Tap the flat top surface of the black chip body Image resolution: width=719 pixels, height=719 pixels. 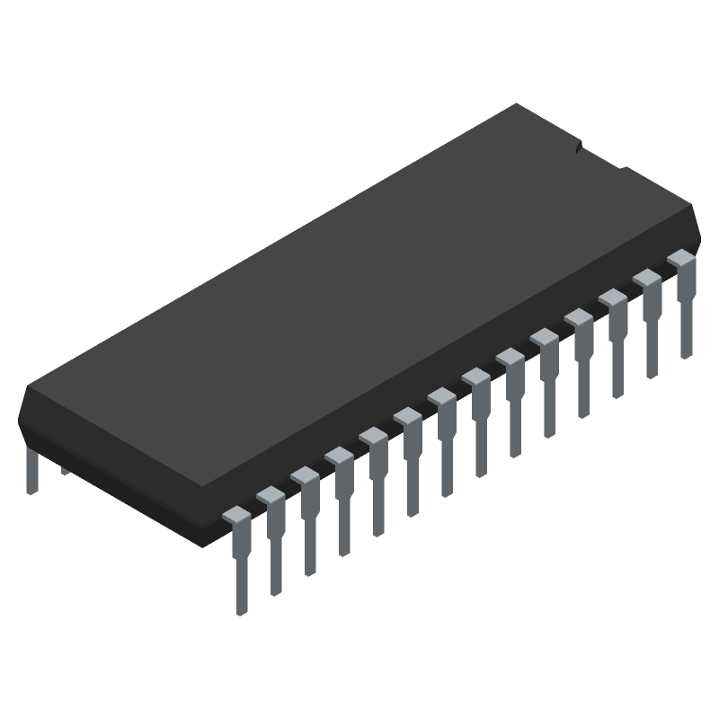click(x=359, y=297)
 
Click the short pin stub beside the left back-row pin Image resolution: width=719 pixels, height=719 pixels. click(x=65, y=470)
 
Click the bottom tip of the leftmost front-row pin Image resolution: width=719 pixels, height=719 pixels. click(x=241, y=609)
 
